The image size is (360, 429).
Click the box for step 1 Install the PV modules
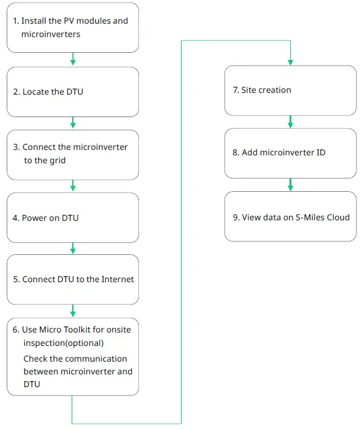(73, 28)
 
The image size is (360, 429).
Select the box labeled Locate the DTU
(73, 92)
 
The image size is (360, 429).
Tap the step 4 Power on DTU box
(73, 217)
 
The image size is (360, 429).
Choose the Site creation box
(290, 90)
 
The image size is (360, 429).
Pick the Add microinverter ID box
(290, 153)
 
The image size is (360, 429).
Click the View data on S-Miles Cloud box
(290, 217)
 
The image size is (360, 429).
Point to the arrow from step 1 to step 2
(73, 59)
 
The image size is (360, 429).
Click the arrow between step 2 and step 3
(73, 123)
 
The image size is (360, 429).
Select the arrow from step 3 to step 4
(73, 186)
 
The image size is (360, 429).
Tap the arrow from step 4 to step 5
(73, 249)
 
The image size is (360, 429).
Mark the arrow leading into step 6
(73, 311)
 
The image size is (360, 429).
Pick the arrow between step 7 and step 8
(290, 122)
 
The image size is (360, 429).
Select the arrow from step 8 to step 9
(290, 184)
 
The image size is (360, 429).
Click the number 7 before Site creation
(236, 90)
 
